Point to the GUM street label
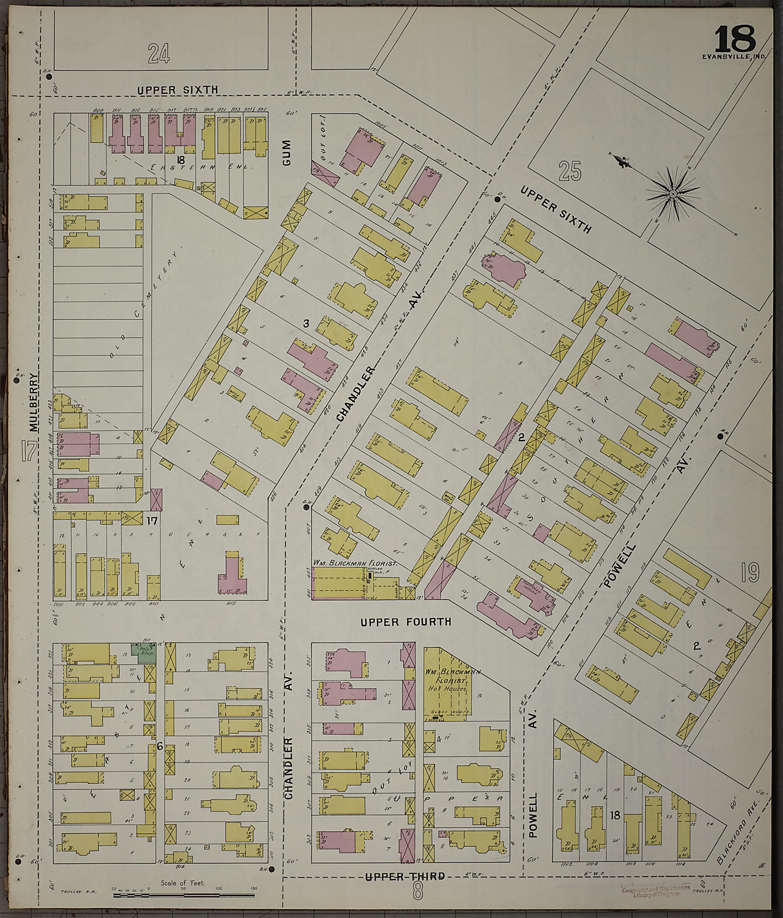[287, 153]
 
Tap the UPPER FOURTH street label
[406, 622]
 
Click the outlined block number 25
[570, 171]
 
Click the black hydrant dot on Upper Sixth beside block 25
[498, 200]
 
